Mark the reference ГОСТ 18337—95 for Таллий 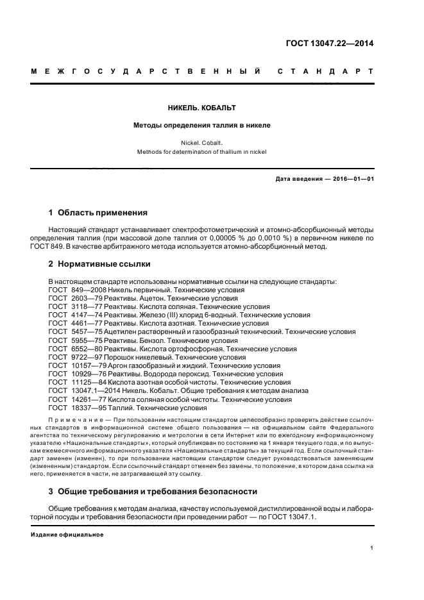click(x=128, y=407)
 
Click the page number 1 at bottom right click(x=371, y=548)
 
